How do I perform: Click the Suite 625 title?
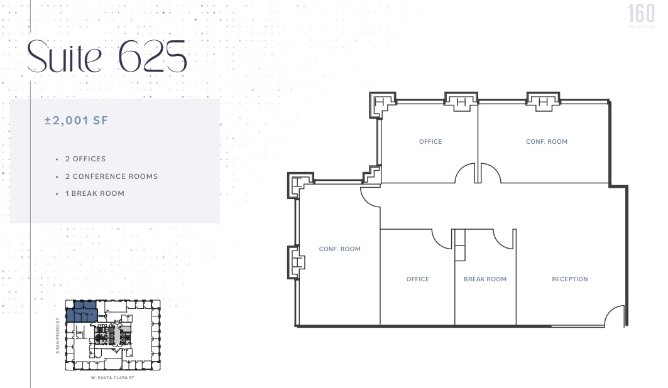(x=107, y=57)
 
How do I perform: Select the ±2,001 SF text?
(x=76, y=121)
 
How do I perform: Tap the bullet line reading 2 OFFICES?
(x=85, y=159)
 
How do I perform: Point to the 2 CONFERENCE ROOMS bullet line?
(x=111, y=176)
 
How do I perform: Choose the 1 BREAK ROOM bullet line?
(x=94, y=193)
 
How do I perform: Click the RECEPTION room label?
(x=569, y=279)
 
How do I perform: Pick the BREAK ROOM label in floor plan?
(x=485, y=279)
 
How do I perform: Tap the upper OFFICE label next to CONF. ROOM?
(x=430, y=142)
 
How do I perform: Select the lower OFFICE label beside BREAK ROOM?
(x=417, y=279)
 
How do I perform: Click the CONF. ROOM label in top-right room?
(x=547, y=142)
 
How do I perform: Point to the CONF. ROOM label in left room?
(x=340, y=249)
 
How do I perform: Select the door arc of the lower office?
(x=441, y=237)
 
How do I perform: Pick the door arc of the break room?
(x=503, y=237)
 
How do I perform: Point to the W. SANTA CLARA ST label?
(x=112, y=378)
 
